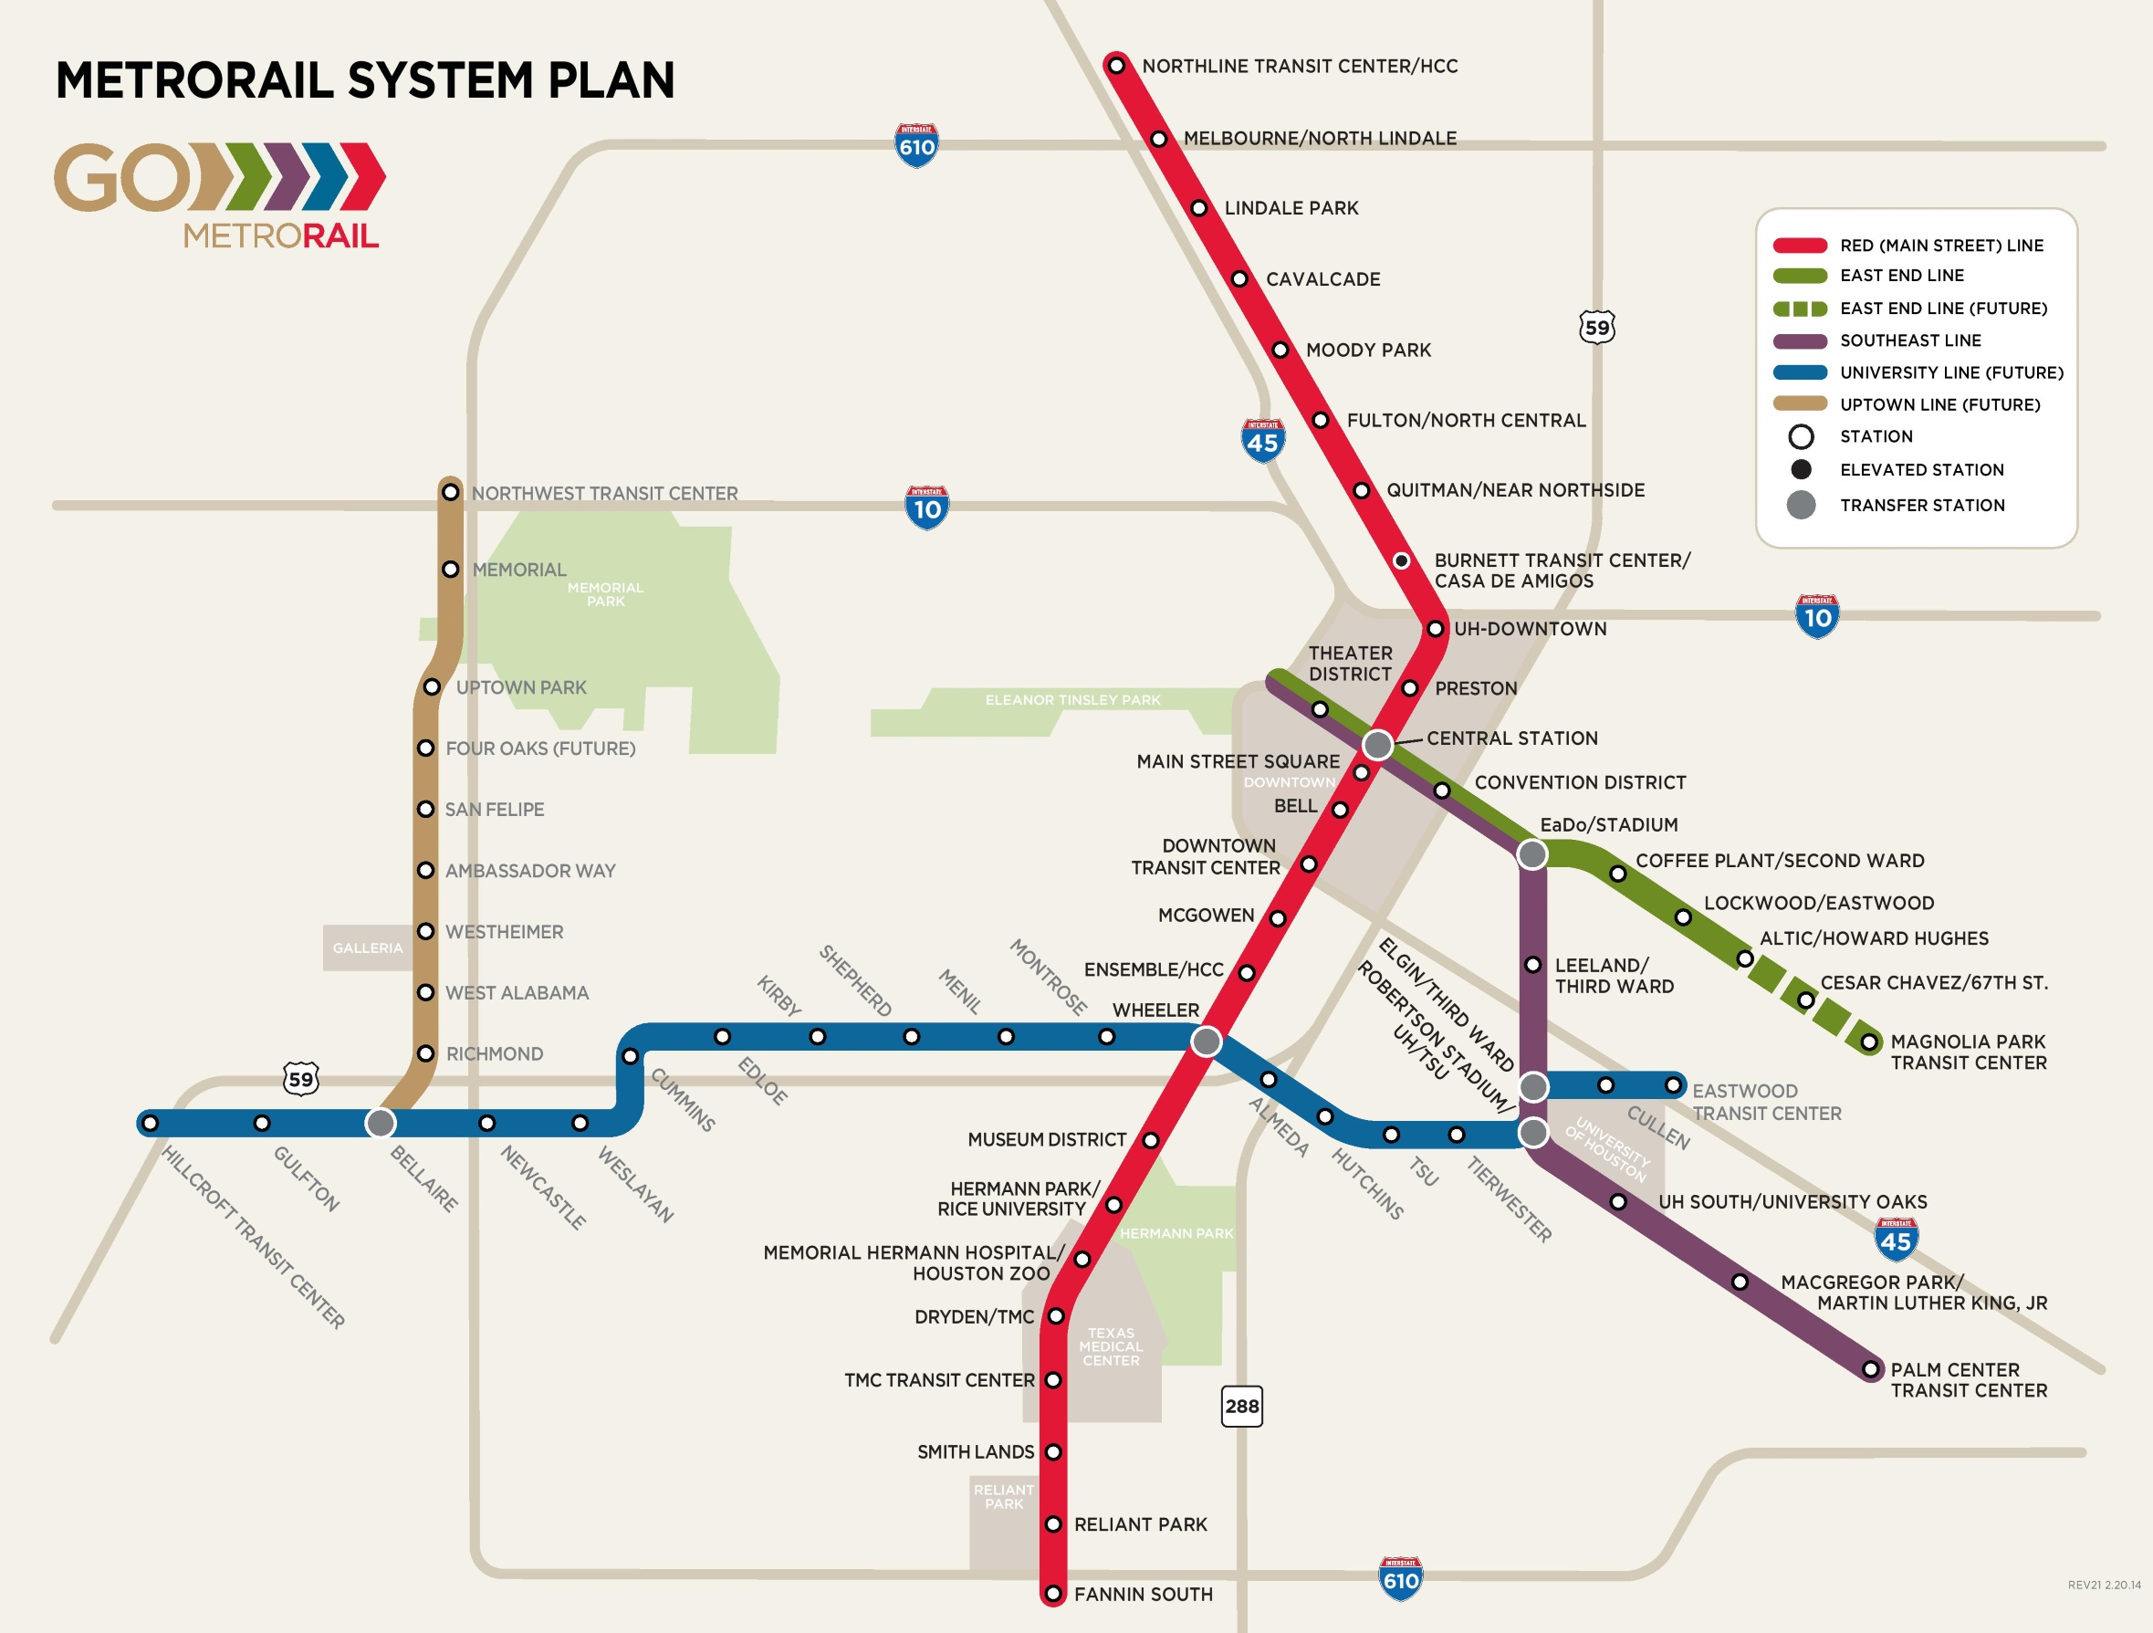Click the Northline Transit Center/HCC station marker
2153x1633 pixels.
click(x=1116, y=65)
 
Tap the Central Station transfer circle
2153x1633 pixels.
click(x=1377, y=746)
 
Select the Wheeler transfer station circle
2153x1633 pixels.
click(x=1206, y=1042)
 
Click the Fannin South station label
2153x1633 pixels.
click(x=1143, y=1594)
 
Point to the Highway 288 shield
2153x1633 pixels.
click(x=1241, y=1407)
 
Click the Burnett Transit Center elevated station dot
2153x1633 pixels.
click(x=1401, y=560)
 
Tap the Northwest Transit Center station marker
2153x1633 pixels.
click(x=450, y=492)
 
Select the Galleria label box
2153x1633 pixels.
click(x=367, y=947)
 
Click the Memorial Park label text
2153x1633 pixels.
click(x=605, y=594)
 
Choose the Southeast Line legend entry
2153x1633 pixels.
click(x=1909, y=340)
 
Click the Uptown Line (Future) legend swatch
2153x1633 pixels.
click(x=1800, y=403)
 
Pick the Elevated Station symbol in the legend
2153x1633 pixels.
click(x=1801, y=470)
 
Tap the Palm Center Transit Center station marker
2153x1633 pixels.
click(x=1870, y=1369)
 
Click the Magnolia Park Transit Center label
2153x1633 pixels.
click(x=1967, y=1052)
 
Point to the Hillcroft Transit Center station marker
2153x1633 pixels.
click(x=150, y=1123)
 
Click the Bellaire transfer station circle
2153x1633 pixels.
click(x=381, y=1123)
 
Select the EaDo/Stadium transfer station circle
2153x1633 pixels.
click(x=1532, y=854)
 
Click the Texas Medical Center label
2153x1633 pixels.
click(x=1111, y=1347)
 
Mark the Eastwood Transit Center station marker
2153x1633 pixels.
click(x=1673, y=1085)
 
